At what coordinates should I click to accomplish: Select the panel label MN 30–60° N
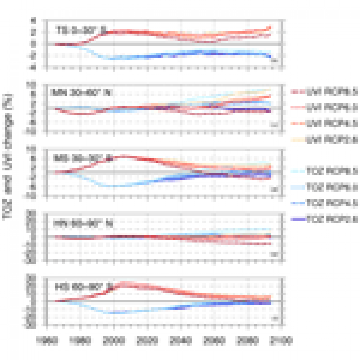tap(81, 92)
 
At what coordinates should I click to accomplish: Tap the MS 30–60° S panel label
tap(82, 158)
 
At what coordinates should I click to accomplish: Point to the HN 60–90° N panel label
tap(83, 224)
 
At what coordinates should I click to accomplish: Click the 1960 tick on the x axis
tap(46, 340)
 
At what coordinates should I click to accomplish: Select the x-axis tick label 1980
tap(80, 340)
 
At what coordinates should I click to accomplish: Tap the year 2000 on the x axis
tap(113, 340)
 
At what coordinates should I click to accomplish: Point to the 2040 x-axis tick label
tap(180, 340)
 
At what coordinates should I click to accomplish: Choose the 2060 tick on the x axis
tap(214, 340)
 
